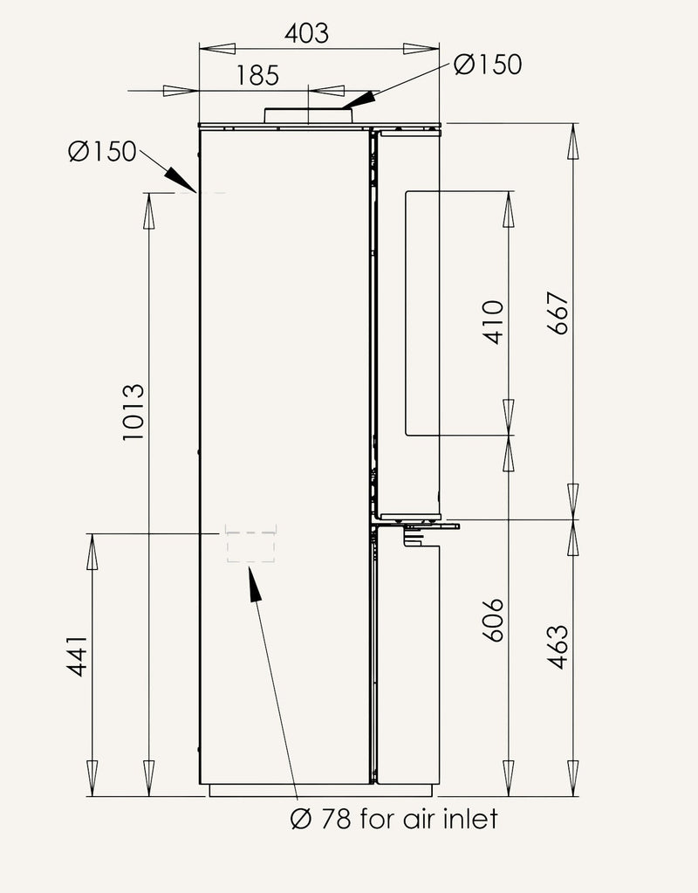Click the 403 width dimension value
click(307, 33)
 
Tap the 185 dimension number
click(258, 76)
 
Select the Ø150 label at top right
click(488, 65)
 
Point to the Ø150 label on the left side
click(102, 152)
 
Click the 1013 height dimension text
click(133, 412)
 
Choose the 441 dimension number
click(77, 656)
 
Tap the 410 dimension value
click(493, 322)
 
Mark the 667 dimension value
click(558, 313)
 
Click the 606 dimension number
click(493, 620)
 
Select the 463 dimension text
click(558, 647)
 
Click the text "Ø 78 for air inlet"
click(394, 819)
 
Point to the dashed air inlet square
click(251, 544)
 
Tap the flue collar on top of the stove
click(308, 115)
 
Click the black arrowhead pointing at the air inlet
click(255, 584)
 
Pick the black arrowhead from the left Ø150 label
click(181, 180)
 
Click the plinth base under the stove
click(322, 791)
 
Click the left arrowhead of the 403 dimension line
click(217, 48)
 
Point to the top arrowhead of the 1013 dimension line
click(149, 210)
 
